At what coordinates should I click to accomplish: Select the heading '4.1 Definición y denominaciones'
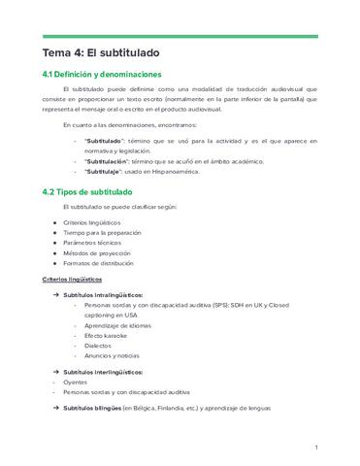(x=109, y=75)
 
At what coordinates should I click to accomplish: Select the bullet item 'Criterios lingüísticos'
(x=95, y=222)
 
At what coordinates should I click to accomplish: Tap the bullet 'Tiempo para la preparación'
(x=103, y=233)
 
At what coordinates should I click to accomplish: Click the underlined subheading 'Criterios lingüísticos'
(x=72, y=280)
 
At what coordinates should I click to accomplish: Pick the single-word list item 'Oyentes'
(x=75, y=383)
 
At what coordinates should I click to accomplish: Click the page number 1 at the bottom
(x=316, y=447)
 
